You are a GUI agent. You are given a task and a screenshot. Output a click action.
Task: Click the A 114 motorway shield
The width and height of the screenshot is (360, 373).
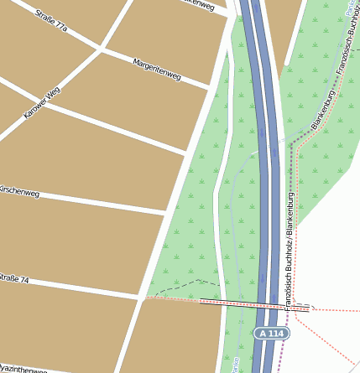272,334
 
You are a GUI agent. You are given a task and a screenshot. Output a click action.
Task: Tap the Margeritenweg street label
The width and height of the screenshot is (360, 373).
157,70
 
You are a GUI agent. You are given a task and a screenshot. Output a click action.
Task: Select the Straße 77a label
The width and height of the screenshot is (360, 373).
51,22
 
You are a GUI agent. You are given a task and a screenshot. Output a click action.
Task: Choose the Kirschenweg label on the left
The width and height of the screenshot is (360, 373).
18,192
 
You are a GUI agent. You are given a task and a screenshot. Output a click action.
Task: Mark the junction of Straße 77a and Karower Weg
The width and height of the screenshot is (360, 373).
101,48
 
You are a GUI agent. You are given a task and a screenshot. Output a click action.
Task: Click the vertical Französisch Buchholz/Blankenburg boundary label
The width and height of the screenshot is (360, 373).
290,251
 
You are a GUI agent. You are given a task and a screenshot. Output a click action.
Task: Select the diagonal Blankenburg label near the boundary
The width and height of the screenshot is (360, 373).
323,111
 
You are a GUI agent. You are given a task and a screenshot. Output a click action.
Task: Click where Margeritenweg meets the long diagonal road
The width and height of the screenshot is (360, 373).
207,87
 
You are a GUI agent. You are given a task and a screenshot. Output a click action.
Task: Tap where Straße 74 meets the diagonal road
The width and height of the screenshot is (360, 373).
140,296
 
